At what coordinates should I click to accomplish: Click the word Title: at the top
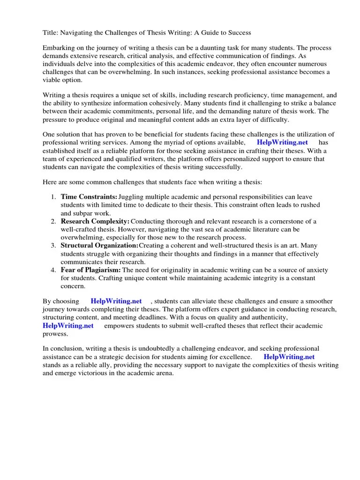51,33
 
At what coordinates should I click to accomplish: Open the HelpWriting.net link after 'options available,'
283,142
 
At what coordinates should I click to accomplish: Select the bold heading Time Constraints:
89,197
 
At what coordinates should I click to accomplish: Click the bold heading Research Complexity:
95,221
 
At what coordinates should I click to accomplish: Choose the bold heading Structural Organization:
99,246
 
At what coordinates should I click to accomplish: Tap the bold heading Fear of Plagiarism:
90,270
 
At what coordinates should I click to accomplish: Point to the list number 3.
54,246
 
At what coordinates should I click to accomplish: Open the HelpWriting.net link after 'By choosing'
116,301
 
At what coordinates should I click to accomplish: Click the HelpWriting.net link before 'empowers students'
68,325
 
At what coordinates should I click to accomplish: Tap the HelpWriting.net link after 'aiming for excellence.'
292,357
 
